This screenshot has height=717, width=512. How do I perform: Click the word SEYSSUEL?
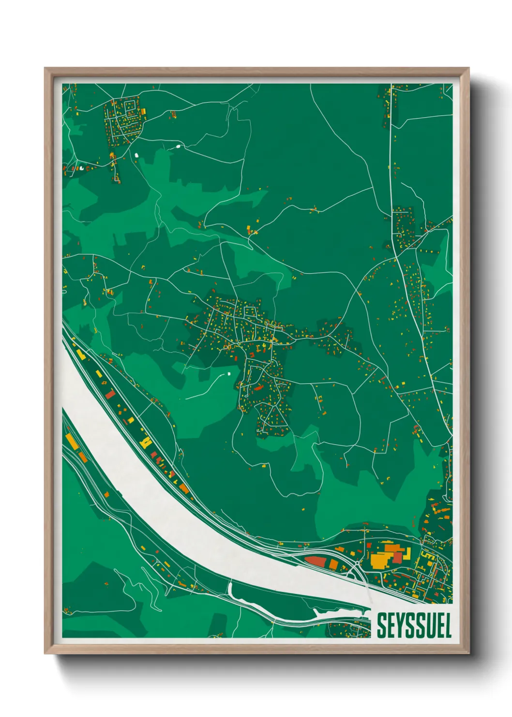point(414,625)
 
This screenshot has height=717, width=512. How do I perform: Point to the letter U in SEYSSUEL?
point(429,625)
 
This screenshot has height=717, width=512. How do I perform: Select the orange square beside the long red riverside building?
point(333,564)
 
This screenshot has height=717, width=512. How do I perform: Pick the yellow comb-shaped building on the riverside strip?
point(145,441)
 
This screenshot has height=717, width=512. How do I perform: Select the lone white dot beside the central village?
point(228,374)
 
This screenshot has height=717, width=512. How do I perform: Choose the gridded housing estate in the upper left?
point(125,119)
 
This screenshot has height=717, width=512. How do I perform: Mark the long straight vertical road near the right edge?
point(391,160)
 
